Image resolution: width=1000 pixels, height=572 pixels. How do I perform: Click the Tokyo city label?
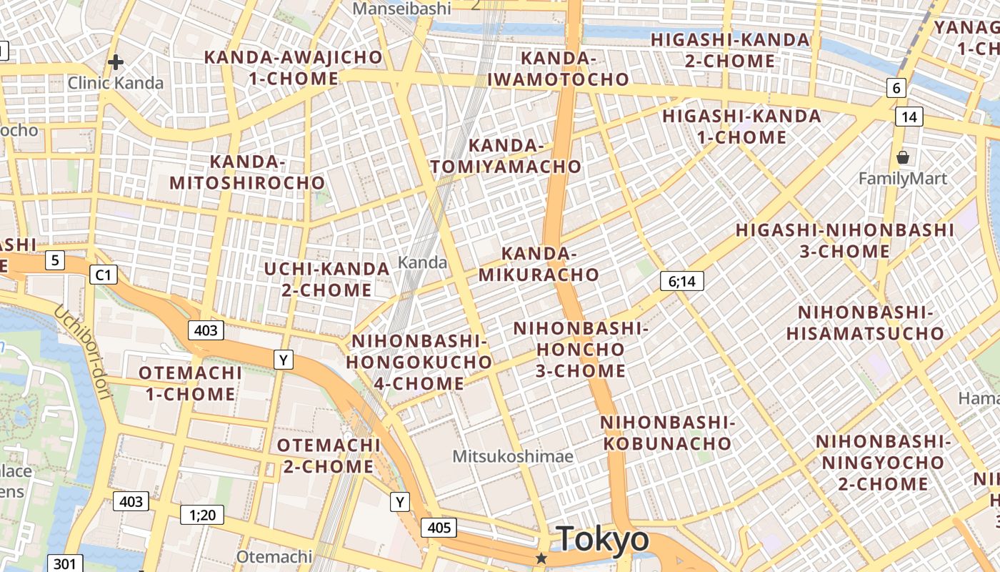(x=603, y=539)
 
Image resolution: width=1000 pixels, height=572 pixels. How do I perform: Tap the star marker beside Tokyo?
(x=542, y=558)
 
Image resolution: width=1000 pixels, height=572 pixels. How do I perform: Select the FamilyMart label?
(x=903, y=178)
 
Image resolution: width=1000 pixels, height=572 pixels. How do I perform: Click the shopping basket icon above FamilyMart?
(x=903, y=157)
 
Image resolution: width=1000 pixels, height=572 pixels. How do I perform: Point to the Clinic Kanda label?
(x=116, y=83)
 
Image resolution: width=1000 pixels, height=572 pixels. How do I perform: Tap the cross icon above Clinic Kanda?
(x=116, y=62)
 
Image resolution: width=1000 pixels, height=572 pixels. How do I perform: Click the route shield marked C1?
(x=104, y=274)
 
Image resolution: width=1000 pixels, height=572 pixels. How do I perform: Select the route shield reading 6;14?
(x=681, y=281)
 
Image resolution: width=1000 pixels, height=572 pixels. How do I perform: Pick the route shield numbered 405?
(x=439, y=528)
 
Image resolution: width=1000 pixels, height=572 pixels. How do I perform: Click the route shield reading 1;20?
(x=202, y=514)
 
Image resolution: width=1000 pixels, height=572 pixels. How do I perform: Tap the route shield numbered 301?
(x=64, y=563)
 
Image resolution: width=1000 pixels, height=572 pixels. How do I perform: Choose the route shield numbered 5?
(x=55, y=260)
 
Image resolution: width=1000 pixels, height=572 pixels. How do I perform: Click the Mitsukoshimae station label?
(x=513, y=456)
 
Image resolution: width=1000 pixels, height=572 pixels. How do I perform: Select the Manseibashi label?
(x=403, y=9)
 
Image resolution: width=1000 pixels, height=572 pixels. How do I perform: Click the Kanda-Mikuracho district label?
(x=539, y=264)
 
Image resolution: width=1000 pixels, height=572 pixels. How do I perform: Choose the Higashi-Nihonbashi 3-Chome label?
(x=845, y=240)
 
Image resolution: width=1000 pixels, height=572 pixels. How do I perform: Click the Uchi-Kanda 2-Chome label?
(x=327, y=279)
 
